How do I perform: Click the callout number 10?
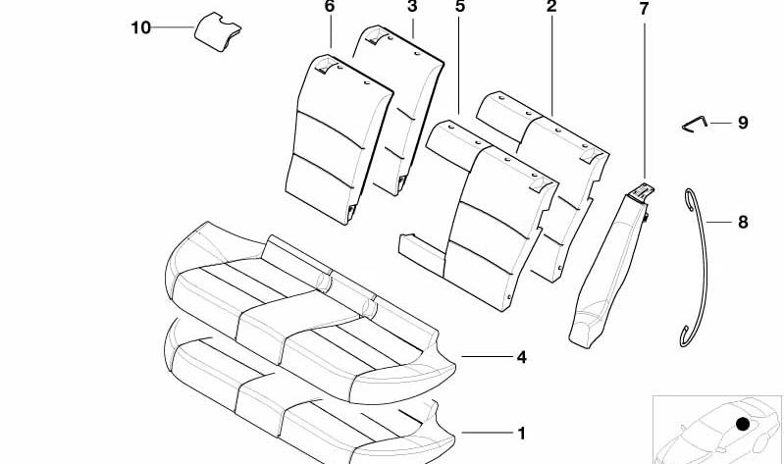pos(140,27)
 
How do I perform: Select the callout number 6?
pos(329,7)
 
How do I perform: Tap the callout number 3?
pos(412,7)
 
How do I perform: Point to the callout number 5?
pos(460,7)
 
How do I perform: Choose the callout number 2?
pos(551,7)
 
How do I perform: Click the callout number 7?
pos(644,9)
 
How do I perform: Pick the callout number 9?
pos(743,123)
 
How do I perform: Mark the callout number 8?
pos(743,222)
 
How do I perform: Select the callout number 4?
pos(521,357)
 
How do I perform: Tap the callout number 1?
pos(521,433)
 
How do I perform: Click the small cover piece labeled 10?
pos(218,31)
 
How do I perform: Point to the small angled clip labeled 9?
pos(695,124)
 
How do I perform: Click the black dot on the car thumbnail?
pos(743,424)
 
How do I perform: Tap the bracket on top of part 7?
pos(642,192)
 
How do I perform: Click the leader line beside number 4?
pos(487,357)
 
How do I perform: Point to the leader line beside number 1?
pos(487,433)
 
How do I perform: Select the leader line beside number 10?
pos(173,27)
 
